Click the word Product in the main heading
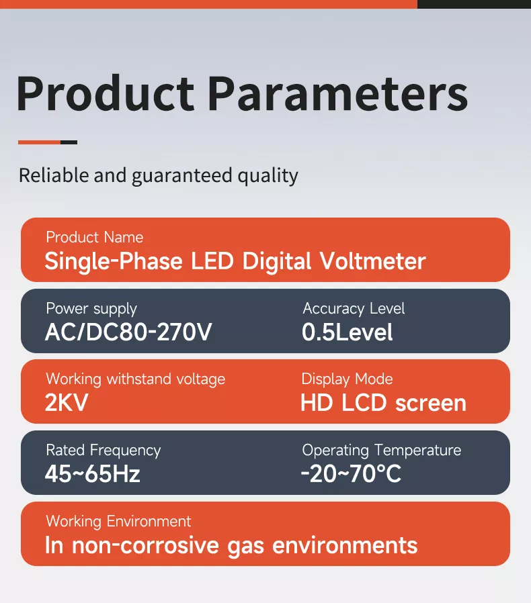[105, 93]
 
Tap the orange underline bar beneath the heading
[40, 142]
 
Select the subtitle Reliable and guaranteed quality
[158, 176]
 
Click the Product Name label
[94, 237]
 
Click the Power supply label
[91, 309]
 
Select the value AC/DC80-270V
[128, 332]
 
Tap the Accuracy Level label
[354, 309]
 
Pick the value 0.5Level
[347, 332]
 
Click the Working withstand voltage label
[135, 379]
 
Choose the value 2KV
[66, 403]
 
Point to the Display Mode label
[347, 379]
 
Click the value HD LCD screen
[383, 403]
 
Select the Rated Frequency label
[103, 451]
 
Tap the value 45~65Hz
[92, 474]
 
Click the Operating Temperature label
[381, 451]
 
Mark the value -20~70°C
[350, 474]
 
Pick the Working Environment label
[118, 522]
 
